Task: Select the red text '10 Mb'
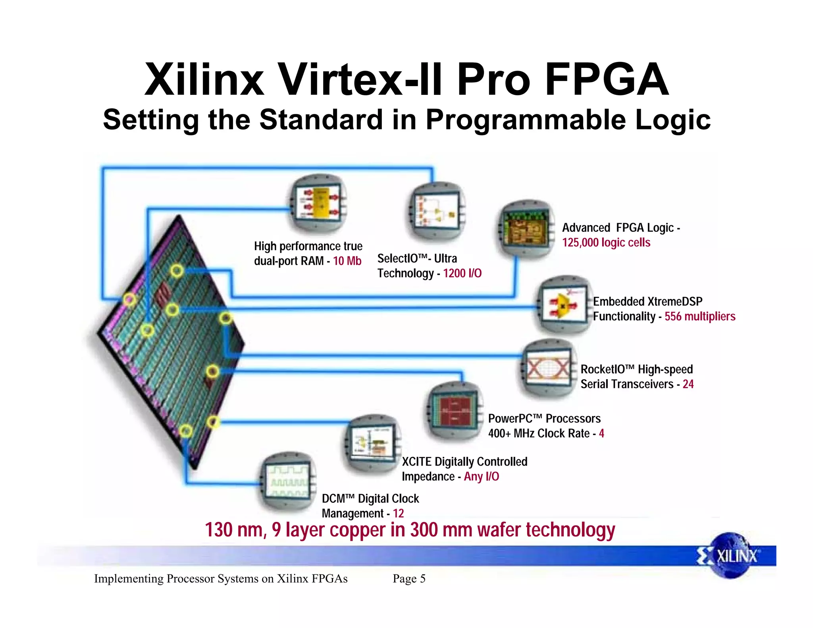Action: coord(347,261)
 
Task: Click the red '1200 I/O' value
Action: coord(462,274)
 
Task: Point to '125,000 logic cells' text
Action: coord(606,243)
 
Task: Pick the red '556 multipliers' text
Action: coord(700,316)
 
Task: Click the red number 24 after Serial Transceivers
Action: coord(688,384)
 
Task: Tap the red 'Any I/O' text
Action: coord(482,476)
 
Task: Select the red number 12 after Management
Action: coord(398,513)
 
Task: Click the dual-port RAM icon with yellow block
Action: coord(318,203)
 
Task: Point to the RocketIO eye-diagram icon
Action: coord(548,369)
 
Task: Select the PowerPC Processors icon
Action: coord(454,411)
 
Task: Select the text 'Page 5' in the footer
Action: coord(409,579)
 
